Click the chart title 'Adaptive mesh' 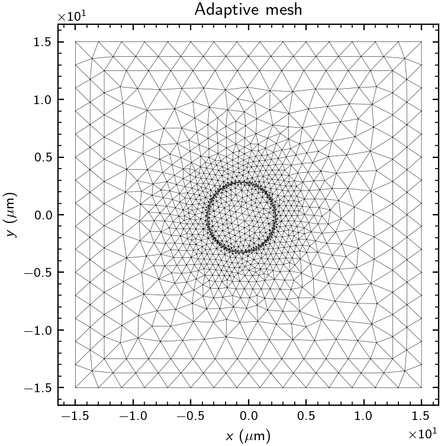pos(248,10)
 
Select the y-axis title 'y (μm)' pos(11,215)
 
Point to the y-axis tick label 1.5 pos(41,42)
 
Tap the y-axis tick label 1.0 pos(41,99)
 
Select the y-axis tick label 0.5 pos(41,157)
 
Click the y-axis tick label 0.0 pos(41,215)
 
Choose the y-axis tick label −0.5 pos(37,273)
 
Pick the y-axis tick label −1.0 pos(37,330)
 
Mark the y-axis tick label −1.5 pos(37,388)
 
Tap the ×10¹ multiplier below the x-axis pos(423,434)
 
